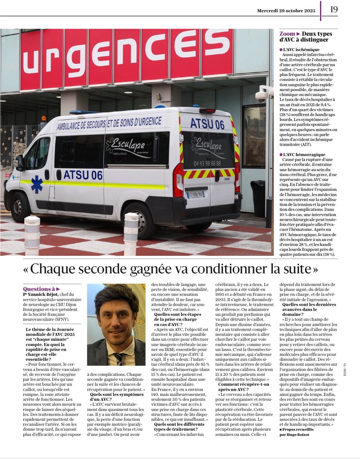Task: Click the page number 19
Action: [334, 9]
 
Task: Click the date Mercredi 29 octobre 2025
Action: [286, 10]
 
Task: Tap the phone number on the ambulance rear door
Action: [207, 163]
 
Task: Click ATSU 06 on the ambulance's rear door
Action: [207, 124]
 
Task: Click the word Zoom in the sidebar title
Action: [287, 34]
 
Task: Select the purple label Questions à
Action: [39, 289]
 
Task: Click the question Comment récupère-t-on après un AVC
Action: [243, 387]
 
